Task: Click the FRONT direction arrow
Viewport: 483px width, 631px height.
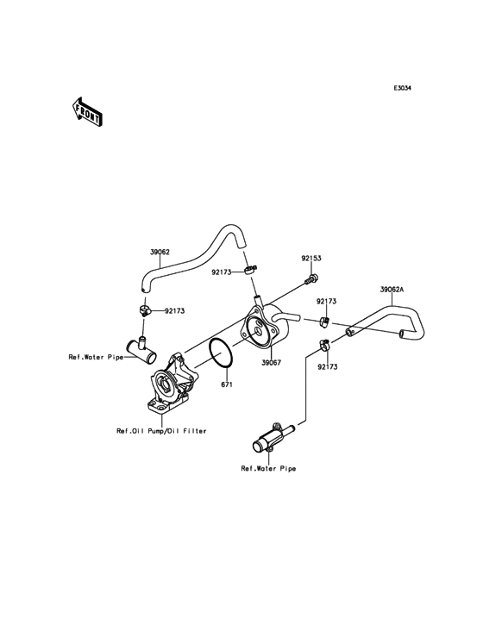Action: pyautogui.click(x=86, y=112)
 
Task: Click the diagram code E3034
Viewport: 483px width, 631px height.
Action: pyautogui.click(x=402, y=88)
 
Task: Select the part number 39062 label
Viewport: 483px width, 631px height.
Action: pyautogui.click(x=160, y=253)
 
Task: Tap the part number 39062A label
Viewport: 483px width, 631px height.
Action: pyautogui.click(x=392, y=289)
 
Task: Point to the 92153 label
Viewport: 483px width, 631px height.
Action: pyautogui.click(x=311, y=258)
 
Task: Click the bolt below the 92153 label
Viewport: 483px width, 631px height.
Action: pyautogui.click(x=312, y=278)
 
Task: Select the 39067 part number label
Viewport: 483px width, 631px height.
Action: pyautogui.click(x=272, y=363)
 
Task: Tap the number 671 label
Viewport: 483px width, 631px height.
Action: pyautogui.click(x=227, y=384)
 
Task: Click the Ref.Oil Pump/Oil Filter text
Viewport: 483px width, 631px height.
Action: pyautogui.click(x=161, y=431)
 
